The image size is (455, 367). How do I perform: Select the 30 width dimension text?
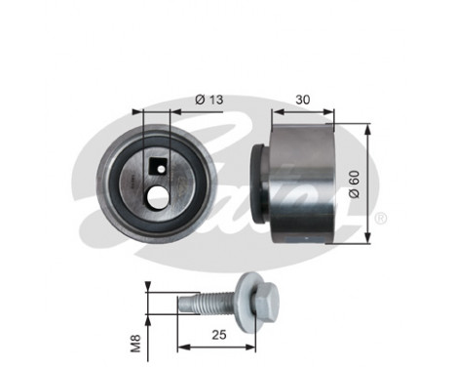(302, 100)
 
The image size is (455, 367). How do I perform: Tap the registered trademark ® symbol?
(380, 217)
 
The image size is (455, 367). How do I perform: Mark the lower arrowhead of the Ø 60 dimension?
(368, 239)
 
